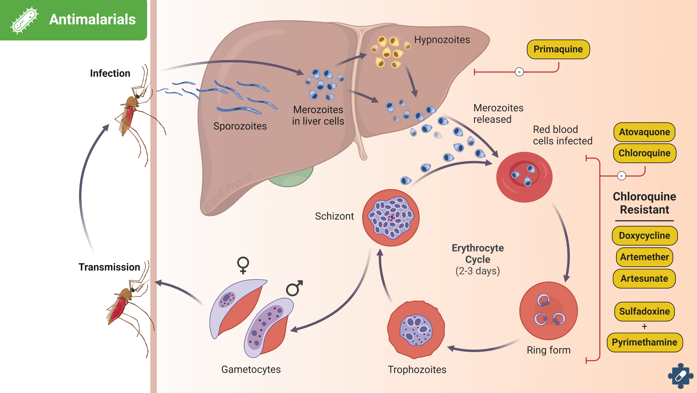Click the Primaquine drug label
point(558,49)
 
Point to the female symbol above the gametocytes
point(243,265)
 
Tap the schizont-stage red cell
point(391,218)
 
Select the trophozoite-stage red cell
point(416,330)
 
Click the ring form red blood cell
point(549,311)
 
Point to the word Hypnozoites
point(442,40)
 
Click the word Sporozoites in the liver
point(240,126)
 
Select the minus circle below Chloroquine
point(621,176)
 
